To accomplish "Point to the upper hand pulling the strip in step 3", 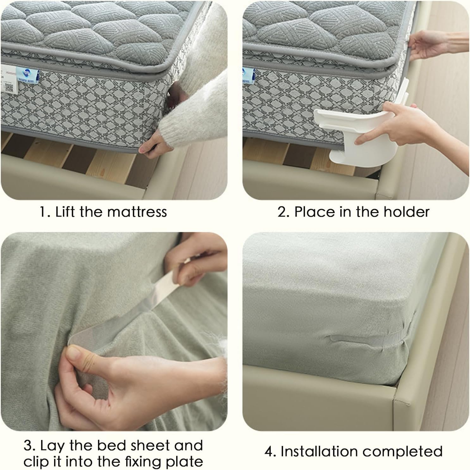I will point(193,262).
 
